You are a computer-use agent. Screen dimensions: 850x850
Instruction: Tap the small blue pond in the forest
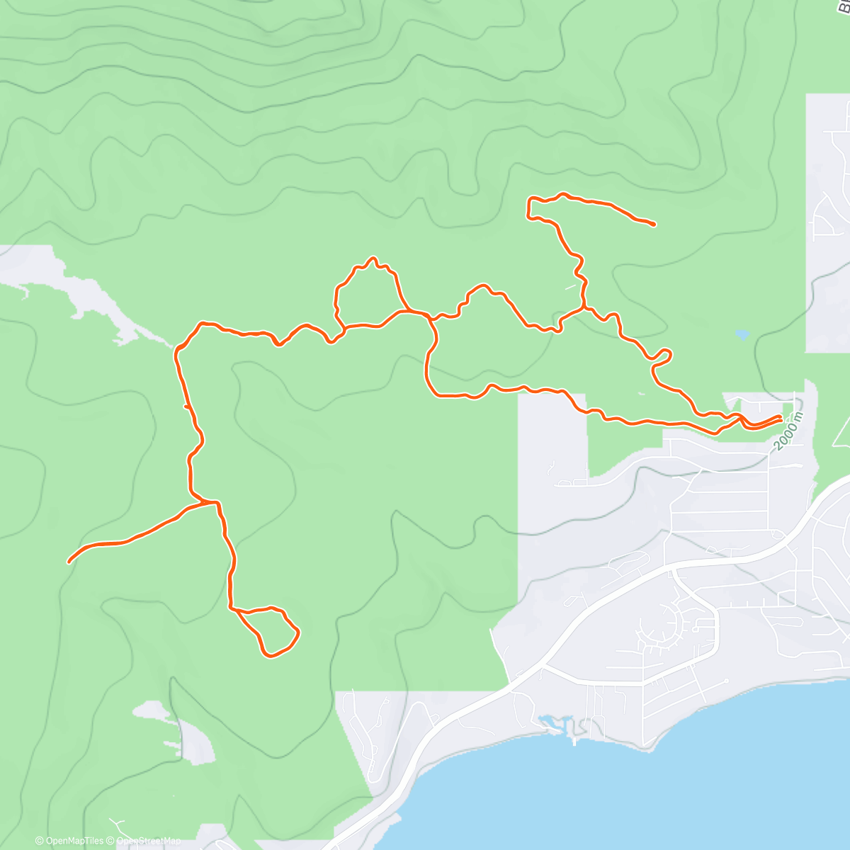tap(742, 334)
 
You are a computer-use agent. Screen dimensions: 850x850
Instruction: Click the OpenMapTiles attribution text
tap(69, 841)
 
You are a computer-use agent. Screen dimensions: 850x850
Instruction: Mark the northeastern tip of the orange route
tap(653, 225)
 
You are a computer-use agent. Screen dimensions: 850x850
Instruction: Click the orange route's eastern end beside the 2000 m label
tap(781, 417)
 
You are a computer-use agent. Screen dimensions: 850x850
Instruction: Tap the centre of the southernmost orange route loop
tap(269, 630)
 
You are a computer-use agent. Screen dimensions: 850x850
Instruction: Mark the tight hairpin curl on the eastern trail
tap(662, 356)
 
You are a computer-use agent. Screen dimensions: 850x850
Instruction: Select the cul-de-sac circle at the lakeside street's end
tap(727, 681)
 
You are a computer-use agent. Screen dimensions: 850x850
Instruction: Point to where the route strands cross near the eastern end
tap(741, 419)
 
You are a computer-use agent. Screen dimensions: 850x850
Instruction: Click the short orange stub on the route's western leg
tap(186, 407)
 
